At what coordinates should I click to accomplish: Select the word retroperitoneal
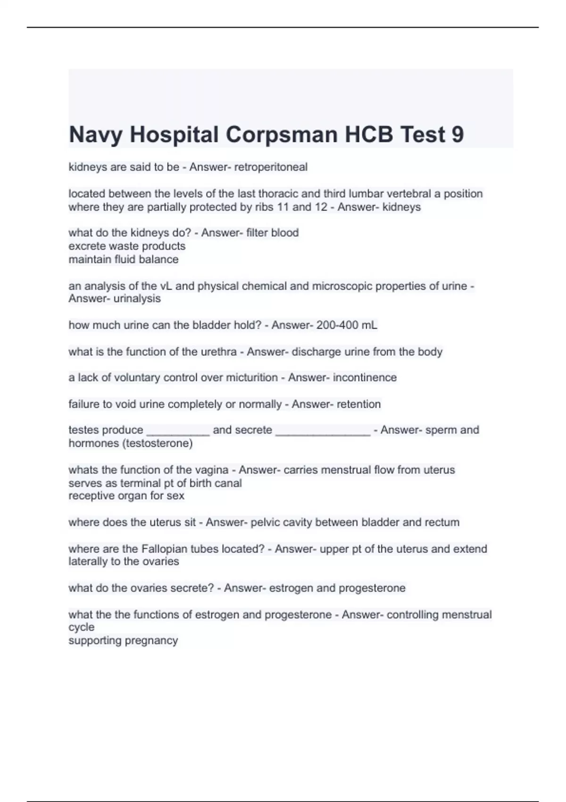tap(271, 167)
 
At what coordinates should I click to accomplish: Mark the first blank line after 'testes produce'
tap(178, 431)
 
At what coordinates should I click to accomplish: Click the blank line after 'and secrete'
tap(323, 431)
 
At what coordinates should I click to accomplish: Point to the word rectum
tap(442, 523)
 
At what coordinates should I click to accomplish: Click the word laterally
tap(88, 562)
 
